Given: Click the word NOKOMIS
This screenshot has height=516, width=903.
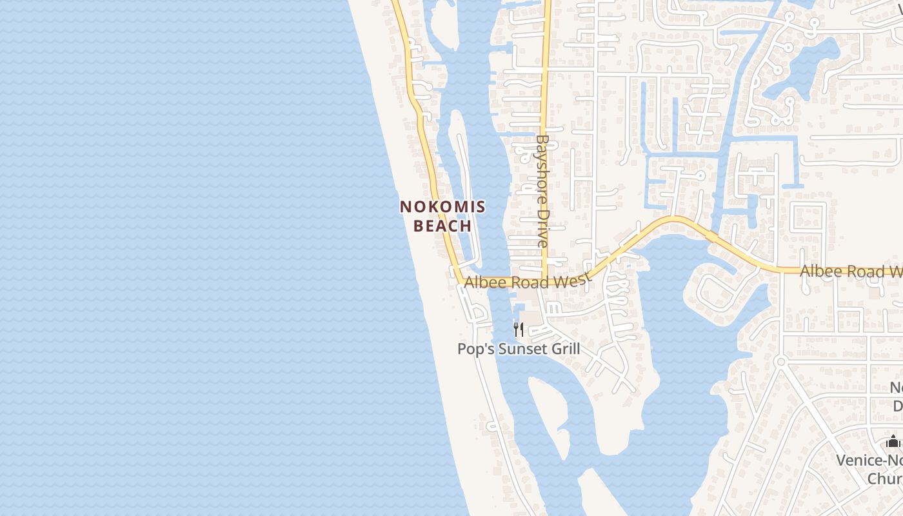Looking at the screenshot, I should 442,207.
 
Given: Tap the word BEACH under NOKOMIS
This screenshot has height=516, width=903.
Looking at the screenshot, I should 442,226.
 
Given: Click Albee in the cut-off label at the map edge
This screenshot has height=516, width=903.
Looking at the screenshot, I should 819,272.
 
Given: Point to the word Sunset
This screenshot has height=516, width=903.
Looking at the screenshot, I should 520,349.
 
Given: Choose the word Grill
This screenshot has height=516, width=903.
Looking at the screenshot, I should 565,349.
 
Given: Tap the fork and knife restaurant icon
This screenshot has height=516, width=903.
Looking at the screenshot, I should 519,330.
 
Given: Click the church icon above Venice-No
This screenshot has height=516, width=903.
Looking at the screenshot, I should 893,442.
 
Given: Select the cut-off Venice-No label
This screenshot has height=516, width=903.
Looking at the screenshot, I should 869,460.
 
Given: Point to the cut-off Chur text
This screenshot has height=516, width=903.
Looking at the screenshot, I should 885,478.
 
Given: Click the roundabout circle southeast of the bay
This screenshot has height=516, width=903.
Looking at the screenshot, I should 780,361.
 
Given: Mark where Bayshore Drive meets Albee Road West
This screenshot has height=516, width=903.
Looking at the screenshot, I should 545,281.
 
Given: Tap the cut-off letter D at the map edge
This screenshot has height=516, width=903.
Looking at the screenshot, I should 897,406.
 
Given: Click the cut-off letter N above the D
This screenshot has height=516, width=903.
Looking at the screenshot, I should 897,388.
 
